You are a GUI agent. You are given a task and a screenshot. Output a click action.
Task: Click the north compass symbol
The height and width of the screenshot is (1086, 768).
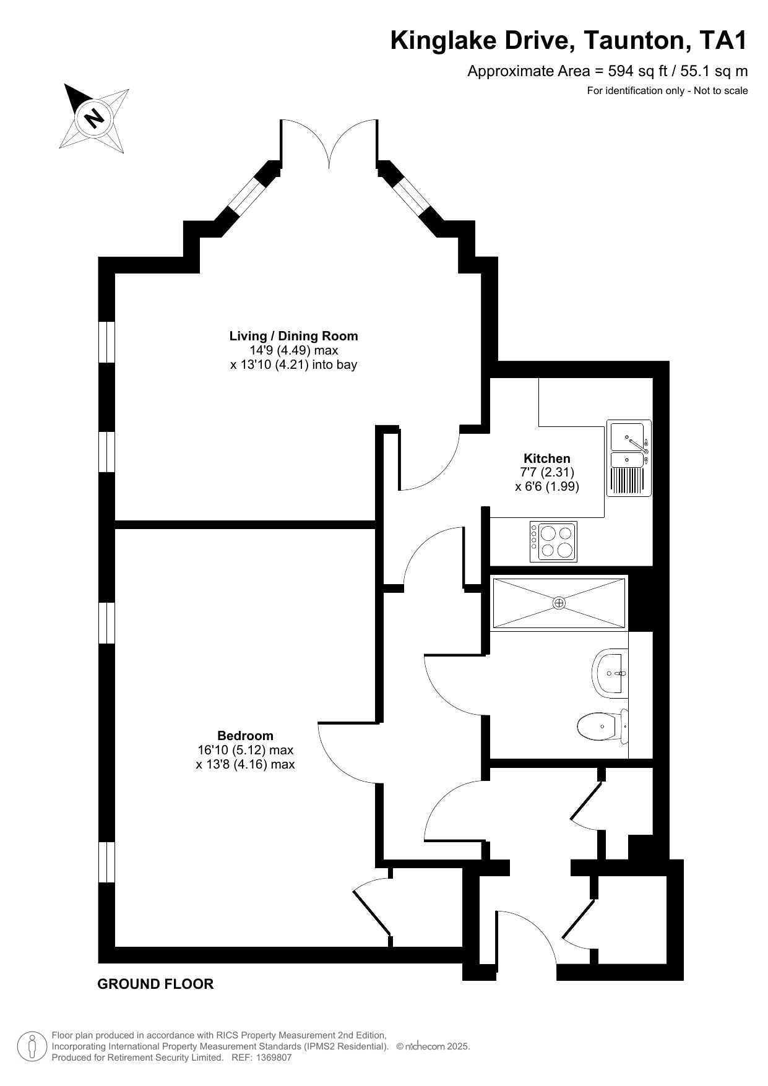94,118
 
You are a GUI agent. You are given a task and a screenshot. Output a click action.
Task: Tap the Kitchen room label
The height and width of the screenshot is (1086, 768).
547,459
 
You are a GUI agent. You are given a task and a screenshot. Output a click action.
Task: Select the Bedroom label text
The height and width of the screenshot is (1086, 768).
245,736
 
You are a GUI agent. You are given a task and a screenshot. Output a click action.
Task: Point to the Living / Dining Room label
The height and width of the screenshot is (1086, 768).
294,336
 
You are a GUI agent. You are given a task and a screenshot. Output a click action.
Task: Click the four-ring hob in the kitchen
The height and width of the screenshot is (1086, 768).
553,541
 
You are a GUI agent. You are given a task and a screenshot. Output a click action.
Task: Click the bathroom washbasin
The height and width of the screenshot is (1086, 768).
610,673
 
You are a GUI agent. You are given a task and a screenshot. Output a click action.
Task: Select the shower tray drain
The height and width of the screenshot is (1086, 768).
559,602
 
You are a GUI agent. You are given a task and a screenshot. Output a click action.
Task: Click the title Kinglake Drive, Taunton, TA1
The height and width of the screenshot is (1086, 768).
569,41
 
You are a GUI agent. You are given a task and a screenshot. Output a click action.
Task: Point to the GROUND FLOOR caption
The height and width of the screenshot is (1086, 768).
155,984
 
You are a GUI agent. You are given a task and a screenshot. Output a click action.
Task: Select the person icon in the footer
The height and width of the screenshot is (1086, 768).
31,1046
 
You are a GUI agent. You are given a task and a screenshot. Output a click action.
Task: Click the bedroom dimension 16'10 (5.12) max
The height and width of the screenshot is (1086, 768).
245,750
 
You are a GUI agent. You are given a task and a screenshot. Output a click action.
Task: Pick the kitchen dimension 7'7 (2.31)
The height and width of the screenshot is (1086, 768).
547,473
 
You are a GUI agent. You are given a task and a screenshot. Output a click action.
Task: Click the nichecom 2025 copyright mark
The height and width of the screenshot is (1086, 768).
433,1046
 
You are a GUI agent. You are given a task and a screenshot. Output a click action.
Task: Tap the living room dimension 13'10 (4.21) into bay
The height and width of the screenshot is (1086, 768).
294,364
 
